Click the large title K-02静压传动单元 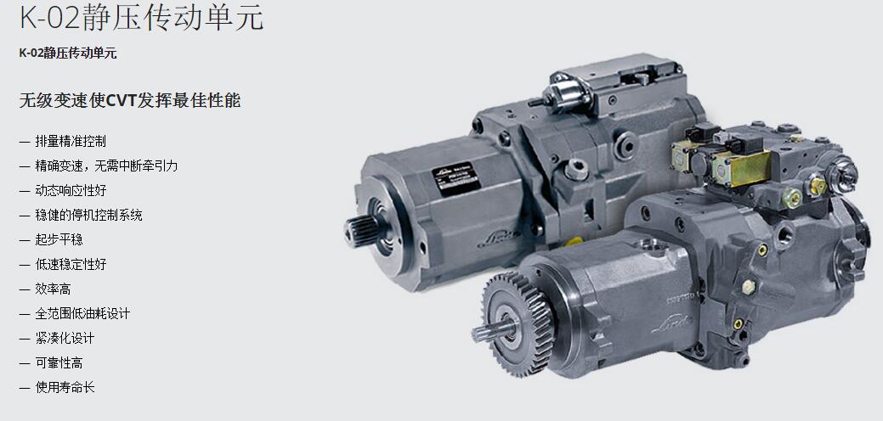coord(141,17)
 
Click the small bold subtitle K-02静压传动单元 coord(68,53)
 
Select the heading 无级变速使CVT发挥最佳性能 coord(129,101)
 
